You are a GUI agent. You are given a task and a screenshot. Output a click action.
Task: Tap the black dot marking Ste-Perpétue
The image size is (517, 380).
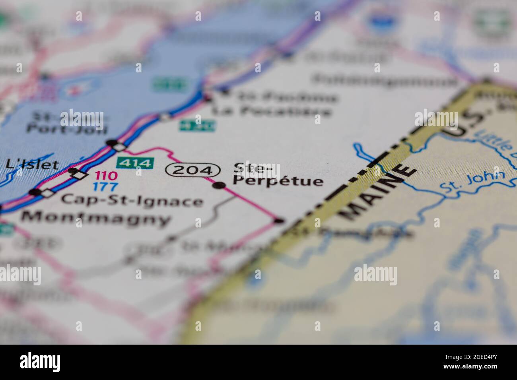(219, 185)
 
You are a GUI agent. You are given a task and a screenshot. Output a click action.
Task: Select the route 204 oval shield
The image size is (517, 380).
(193, 170)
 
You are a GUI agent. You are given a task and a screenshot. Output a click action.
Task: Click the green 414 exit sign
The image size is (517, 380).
(135, 163)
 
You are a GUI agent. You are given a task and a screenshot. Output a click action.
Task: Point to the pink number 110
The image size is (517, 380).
(106, 175)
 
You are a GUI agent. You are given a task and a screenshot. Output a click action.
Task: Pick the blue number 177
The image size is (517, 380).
(105, 187)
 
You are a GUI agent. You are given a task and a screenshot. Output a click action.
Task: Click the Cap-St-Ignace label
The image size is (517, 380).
(132, 201)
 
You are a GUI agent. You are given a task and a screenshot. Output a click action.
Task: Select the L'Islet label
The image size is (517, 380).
(32, 164)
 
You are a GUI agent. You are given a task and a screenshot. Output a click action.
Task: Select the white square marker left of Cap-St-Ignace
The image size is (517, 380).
(47, 193)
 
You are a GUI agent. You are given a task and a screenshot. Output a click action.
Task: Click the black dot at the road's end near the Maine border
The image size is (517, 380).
(280, 220)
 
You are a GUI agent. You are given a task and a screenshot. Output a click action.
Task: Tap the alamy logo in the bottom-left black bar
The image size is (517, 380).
(40, 362)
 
